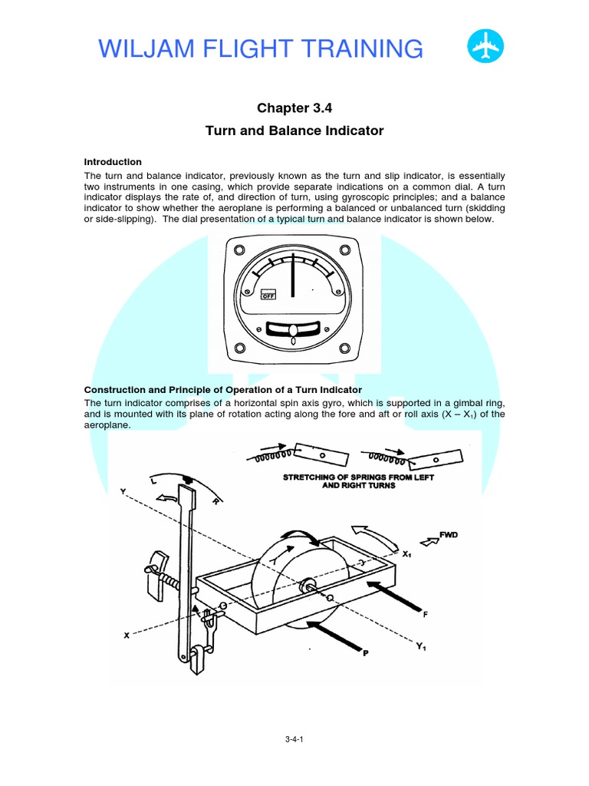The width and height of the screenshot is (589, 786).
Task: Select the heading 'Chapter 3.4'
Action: click(x=294, y=108)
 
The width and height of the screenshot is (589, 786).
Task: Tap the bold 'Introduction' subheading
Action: click(x=113, y=162)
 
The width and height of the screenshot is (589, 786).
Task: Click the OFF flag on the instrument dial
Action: click(x=268, y=295)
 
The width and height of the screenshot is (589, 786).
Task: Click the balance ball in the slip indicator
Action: click(x=293, y=331)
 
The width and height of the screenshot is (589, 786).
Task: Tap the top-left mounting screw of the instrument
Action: click(x=239, y=249)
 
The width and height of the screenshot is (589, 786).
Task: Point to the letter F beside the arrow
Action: click(x=425, y=615)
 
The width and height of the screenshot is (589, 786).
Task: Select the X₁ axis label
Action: click(x=408, y=553)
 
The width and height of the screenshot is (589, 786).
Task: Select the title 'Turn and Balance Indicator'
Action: click(x=294, y=130)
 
